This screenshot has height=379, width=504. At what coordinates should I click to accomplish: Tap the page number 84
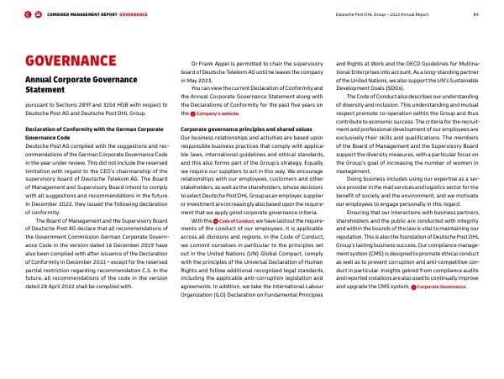tap(475, 14)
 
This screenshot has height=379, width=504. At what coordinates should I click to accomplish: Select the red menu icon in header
tap(39, 14)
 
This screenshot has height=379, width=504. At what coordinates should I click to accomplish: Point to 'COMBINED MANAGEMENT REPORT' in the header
tap(82, 14)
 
